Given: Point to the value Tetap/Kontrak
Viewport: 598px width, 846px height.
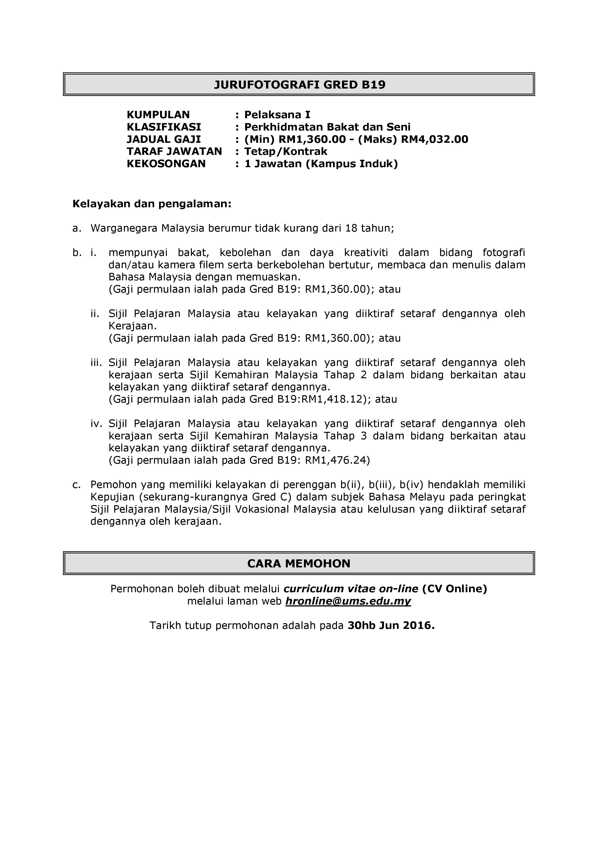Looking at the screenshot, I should (286, 151).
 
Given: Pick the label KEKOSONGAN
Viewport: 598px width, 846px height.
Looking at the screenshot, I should (166, 164).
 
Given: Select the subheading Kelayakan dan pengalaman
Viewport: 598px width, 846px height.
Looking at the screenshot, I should (152, 204).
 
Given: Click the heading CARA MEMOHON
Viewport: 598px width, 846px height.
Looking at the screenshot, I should (299, 563).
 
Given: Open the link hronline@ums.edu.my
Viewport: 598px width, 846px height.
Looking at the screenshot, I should (348, 601).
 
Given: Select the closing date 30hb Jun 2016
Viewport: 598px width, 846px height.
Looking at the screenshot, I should (391, 626).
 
